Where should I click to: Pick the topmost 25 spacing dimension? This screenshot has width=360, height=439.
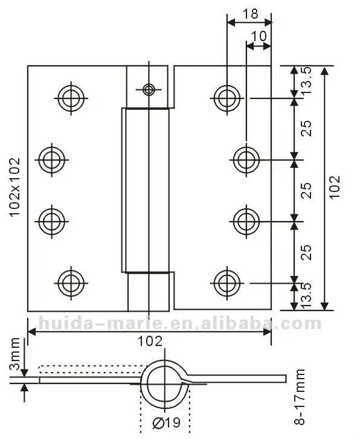point(307,128)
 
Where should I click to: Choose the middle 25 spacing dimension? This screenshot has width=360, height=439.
point(307,190)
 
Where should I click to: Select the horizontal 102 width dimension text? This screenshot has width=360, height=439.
point(149,342)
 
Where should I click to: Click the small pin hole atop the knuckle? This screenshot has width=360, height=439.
point(148,90)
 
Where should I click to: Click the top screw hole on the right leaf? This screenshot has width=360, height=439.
point(226,97)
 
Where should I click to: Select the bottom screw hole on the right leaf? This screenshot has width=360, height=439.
point(226,281)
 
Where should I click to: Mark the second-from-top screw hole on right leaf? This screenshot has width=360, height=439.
point(245,159)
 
